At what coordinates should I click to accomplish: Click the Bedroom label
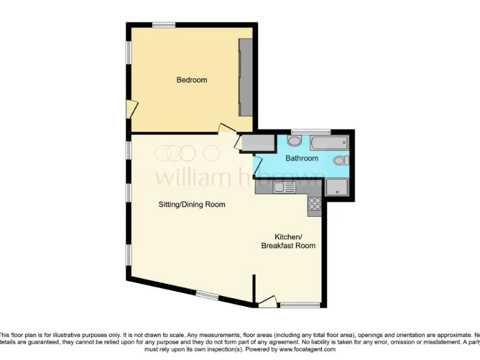pos(191,80)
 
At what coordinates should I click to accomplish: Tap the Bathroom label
pos(301,158)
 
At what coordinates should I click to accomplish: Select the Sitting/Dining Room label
pos(191,204)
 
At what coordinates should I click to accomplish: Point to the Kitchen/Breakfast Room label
pos(288,241)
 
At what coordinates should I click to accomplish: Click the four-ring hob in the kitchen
pos(314,203)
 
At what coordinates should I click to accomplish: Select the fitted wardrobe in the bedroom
pos(246,77)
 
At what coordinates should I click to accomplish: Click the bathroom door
pos(256,165)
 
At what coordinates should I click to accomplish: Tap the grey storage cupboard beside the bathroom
pos(255,143)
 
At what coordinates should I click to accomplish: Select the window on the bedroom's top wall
pos(164,25)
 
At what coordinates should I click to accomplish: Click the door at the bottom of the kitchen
pos(267,302)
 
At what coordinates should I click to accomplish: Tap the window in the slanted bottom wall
pos(206,294)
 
